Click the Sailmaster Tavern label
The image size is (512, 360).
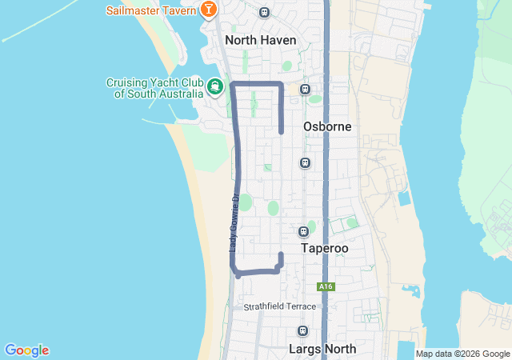pyautogui.click(x=151, y=10)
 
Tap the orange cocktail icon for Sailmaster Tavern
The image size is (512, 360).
pyautogui.click(x=208, y=10)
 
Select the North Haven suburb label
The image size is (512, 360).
pyautogui.click(x=260, y=39)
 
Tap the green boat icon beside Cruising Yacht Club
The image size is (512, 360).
pyautogui.click(x=214, y=86)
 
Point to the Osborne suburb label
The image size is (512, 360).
pyautogui.click(x=327, y=126)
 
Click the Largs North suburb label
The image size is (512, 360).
pyautogui.click(x=322, y=349)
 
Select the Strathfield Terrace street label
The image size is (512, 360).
pyautogui.click(x=280, y=306)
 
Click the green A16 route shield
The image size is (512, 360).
pyautogui.click(x=324, y=286)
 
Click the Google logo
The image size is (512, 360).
pyautogui.click(x=26, y=350)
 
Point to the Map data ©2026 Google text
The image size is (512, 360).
pyautogui.click(x=462, y=354)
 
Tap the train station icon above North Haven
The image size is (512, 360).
pyautogui.click(x=265, y=13)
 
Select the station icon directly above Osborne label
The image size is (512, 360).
pyautogui.click(x=305, y=90)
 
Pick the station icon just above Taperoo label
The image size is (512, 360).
pyautogui.click(x=303, y=231)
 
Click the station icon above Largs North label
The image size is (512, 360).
pyautogui.click(x=302, y=330)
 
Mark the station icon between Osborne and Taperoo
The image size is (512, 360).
pyautogui.click(x=305, y=163)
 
